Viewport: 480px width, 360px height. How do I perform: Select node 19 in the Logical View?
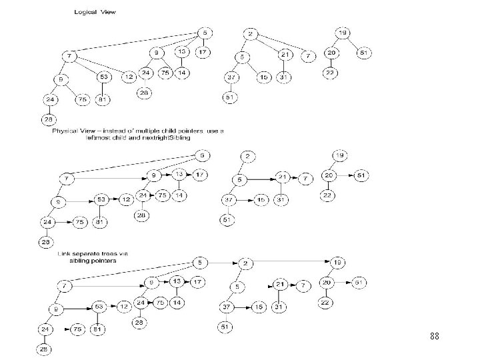pyautogui.click(x=343, y=33)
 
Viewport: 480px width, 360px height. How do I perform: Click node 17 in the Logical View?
pyautogui.click(x=203, y=52)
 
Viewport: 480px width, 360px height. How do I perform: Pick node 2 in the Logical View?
pyautogui.click(x=250, y=34)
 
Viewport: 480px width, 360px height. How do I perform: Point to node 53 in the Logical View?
pyautogui.click(x=105, y=77)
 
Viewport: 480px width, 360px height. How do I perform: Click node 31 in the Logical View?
pyautogui.click(x=285, y=77)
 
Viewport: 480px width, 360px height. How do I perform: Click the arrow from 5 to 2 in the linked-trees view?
pyautogui.click(x=225, y=262)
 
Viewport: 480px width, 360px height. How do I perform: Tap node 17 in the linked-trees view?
pyautogui.click(x=197, y=281)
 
